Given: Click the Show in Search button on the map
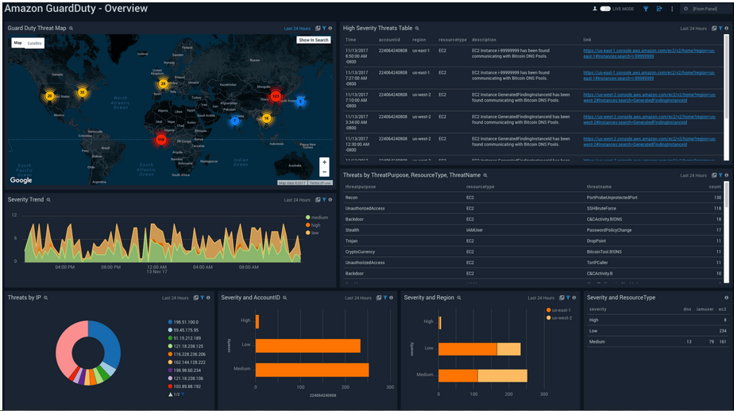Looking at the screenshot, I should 314,40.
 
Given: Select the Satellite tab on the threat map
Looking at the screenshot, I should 35,43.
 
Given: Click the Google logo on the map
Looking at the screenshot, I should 21,180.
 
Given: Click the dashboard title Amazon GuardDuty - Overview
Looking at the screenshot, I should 76,9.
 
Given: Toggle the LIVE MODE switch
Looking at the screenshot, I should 605,9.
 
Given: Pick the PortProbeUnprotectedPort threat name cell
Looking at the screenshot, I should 612,198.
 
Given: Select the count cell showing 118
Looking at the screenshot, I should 717,208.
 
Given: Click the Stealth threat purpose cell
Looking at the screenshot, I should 353,230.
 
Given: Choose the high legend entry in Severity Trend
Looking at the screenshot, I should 315,225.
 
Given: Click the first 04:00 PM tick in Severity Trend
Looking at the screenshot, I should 65,267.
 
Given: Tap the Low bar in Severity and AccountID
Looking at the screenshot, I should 307,346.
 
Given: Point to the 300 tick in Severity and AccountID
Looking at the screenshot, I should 390,388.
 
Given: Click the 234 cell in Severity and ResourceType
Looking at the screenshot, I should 721,330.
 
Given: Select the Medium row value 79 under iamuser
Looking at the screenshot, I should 701,341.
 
